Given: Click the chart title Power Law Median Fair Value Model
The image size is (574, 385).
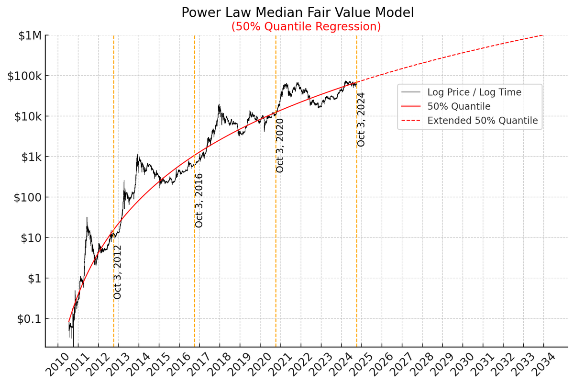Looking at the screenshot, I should (298, 12).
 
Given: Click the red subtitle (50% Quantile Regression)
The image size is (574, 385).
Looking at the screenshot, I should (306, 27).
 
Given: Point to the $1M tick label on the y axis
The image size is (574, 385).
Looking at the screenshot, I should (30, 36).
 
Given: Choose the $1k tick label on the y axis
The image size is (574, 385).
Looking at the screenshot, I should (30, 157).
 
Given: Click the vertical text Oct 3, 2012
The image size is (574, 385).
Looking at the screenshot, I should (118, 272).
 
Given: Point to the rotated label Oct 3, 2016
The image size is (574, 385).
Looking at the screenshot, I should (199, 200).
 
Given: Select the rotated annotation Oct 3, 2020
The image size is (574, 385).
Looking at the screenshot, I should (280, 146).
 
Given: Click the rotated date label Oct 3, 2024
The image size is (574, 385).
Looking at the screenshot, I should (361, 119).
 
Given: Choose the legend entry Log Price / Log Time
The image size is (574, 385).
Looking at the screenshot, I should (474, 92).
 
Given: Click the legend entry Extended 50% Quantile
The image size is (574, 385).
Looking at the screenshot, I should (482, 121).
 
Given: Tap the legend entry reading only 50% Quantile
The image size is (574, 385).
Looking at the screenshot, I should (459, 106).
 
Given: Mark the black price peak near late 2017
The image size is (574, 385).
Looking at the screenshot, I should (219, 105).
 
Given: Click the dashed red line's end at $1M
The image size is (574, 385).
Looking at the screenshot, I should (543, 35).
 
